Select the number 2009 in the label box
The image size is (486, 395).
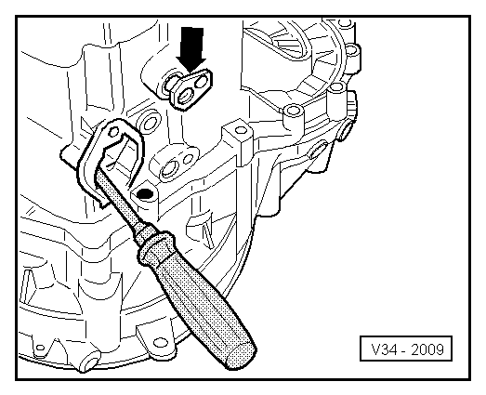click(428, 350)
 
